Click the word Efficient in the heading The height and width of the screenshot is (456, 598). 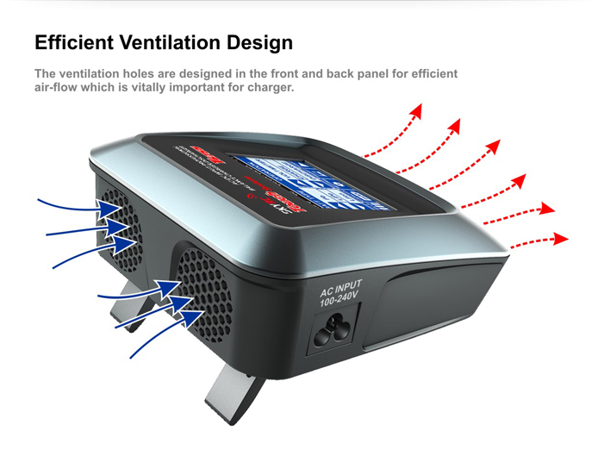(74, 42)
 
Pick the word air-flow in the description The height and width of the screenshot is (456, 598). (59, 88)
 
